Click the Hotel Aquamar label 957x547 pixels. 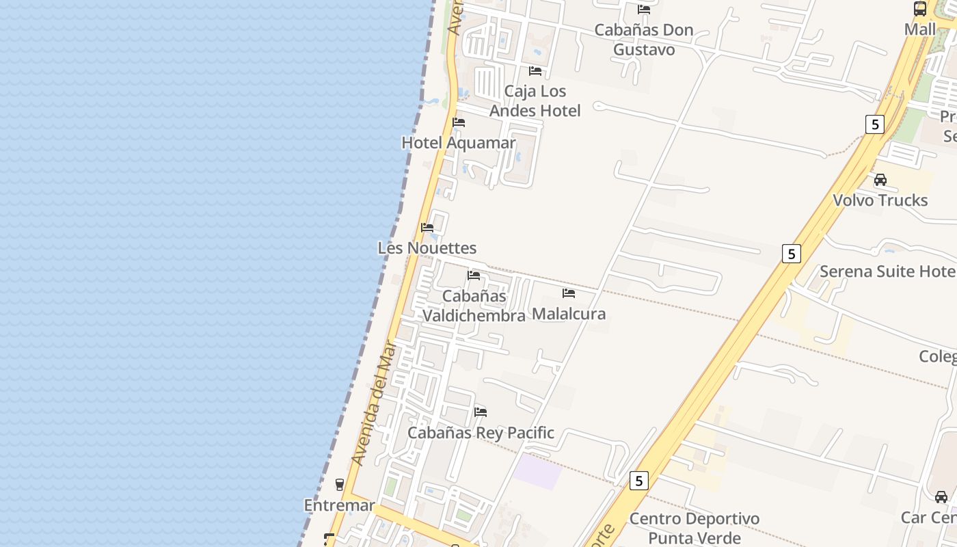(458, 143)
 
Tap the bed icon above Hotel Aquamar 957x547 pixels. (459, 122)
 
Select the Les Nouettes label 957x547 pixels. (427, 248)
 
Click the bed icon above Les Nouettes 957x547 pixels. (427, 227)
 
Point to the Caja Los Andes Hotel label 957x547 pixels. (535, 101)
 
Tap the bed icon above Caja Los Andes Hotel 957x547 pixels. (535, 70)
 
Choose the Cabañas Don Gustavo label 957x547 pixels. (644, 40)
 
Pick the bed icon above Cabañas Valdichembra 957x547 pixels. (474, 276)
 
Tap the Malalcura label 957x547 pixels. (569, 314)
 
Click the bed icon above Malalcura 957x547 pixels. (569, 293)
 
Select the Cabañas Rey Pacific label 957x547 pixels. (481, 433)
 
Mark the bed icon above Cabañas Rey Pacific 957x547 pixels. (481, 412)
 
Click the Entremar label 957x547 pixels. (339, 505)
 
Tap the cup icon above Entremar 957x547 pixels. (339, 485)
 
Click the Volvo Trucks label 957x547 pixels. (880, 200)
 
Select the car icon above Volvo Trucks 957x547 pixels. (880, 180)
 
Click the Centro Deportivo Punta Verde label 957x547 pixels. (694, 528)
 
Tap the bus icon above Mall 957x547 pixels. (920, 9)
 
